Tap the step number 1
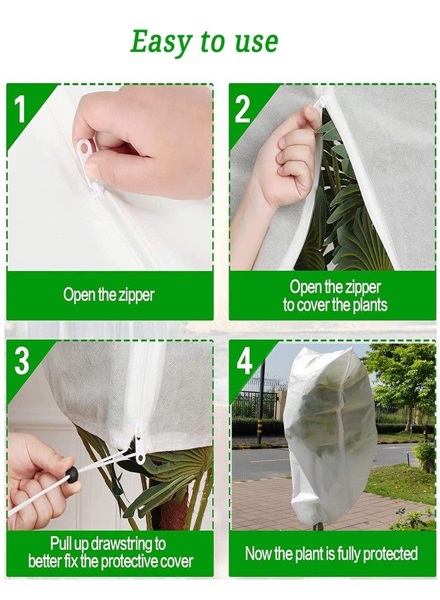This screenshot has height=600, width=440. click(19, 109)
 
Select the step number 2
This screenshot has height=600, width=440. click(242, 109)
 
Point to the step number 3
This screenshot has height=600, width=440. click(22, 361)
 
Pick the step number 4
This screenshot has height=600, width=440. click(245, 361)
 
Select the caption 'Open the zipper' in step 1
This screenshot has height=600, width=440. click(109, 295)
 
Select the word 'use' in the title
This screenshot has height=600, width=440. click(257, 42)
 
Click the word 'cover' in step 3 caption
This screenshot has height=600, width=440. click(177, 561)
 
